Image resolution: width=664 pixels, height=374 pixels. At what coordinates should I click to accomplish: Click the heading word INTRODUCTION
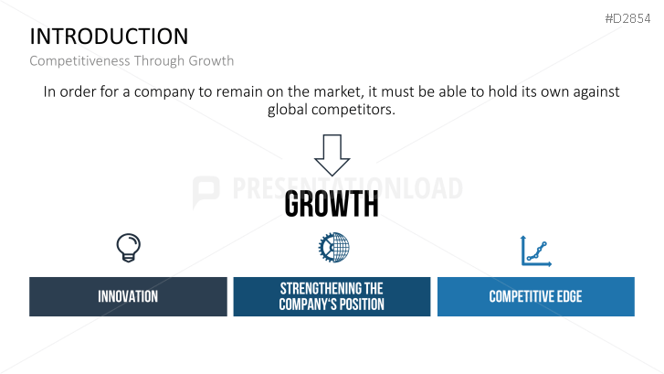[109, 37]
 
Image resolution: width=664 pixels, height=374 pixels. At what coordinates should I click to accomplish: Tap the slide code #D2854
[627, 18]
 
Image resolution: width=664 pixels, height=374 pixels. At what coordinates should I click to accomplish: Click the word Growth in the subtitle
[211, 61]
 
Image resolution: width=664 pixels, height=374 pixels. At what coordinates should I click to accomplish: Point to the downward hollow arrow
[332, 155]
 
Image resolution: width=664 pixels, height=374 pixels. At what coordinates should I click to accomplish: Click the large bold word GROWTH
[332, 205]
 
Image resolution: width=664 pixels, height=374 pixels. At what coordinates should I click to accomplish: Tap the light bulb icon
[128, 247]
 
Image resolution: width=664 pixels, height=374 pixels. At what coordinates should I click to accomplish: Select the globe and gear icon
[334, 247]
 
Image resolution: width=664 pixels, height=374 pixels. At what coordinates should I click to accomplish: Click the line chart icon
[535, 250]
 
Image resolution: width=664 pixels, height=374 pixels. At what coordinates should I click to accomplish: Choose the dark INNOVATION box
[128, 296]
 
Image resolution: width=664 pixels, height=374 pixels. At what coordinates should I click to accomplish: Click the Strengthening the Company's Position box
[332, 296]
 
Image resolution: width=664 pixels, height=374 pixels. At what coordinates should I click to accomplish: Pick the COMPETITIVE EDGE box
[535, 296]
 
